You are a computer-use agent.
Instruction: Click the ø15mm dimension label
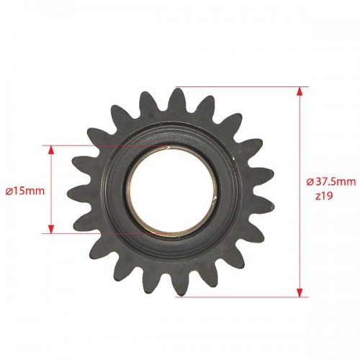pyautogui.click(x=25, y=192)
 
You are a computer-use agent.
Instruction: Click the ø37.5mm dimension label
pyautogui.click(x=331, y=181)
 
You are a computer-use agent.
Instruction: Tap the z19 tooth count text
pyautogui.click(x=324, y=196)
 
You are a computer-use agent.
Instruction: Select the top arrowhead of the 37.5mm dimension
pyautogui.click(x=299, y=91)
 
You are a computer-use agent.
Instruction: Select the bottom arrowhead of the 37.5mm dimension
pyautogui.click(x=299, y=292)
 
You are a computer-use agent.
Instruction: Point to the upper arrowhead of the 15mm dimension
pyautogui.click(x=50, y=150)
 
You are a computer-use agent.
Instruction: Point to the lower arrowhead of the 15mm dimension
pyautogui.click(x=50, y=229)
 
